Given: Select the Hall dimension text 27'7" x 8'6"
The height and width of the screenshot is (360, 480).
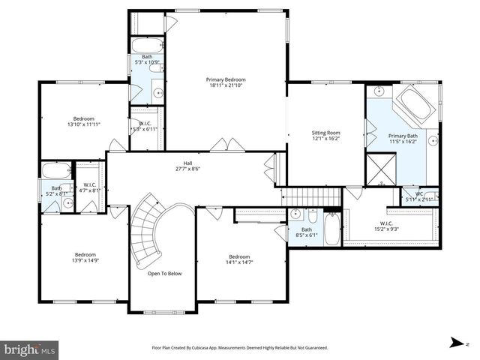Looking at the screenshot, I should click(x=189, y=169).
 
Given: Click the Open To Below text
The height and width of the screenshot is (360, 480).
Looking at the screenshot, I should click(x=164, y=274).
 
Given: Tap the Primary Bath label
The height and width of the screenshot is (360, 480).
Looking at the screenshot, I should click(x=403, y=136).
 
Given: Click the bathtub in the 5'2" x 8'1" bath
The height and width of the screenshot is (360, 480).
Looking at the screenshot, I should click(x=55, y=170).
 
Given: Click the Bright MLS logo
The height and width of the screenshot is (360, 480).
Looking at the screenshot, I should click(x=29, y=349).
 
